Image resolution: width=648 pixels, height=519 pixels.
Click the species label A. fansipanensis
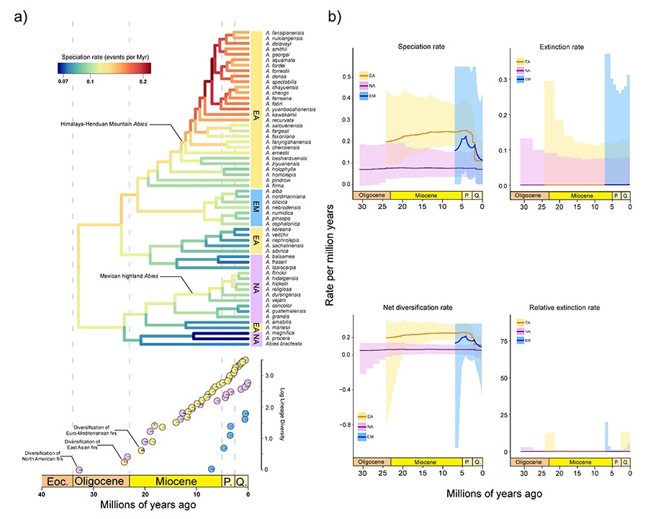coord(282,32)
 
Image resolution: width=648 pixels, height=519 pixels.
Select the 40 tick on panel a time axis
coord(42,495)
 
